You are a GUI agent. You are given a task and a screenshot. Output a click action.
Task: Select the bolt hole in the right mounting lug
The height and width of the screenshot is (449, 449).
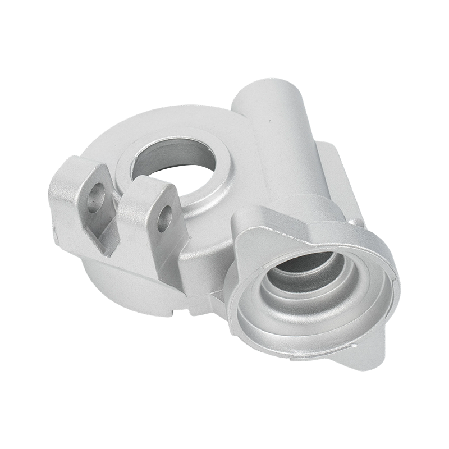164,218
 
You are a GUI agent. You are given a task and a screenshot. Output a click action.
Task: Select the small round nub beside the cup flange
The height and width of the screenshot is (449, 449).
355,223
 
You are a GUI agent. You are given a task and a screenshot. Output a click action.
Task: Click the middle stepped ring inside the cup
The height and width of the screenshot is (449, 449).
286,292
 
